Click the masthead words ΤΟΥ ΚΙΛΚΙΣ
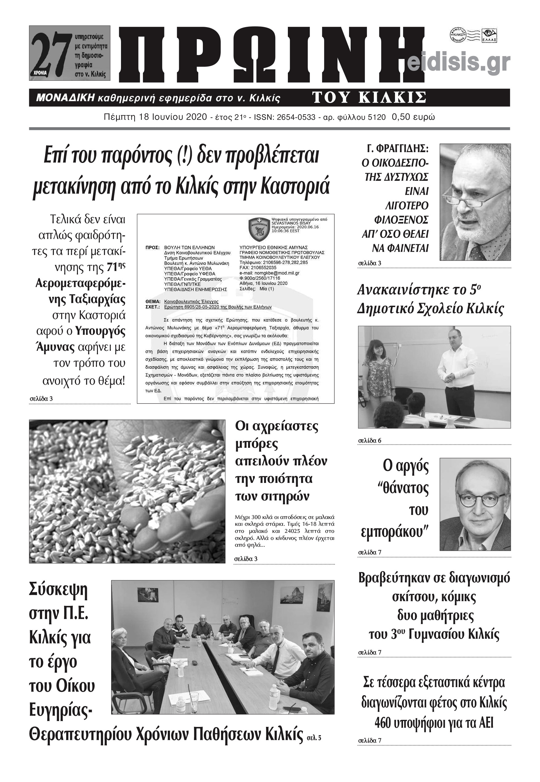[369, 98]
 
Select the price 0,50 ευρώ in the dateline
[413, 117]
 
